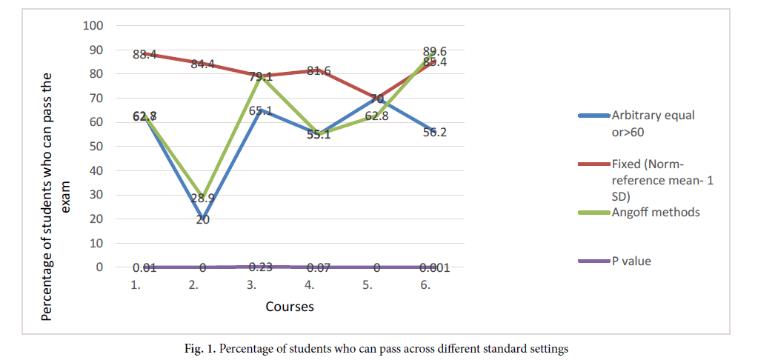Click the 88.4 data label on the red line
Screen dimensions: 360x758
tap(144, 54)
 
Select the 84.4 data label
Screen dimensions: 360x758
tap(202, 64)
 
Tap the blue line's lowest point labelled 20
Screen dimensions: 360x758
tap(202, 220)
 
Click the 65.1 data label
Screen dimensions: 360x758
tap(261, 111)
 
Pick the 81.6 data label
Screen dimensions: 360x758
tap(319, 72)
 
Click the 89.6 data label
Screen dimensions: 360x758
tap(433, 51)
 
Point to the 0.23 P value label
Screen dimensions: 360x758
tap(261, 267)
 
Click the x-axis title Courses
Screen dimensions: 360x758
tap(290, 306)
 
